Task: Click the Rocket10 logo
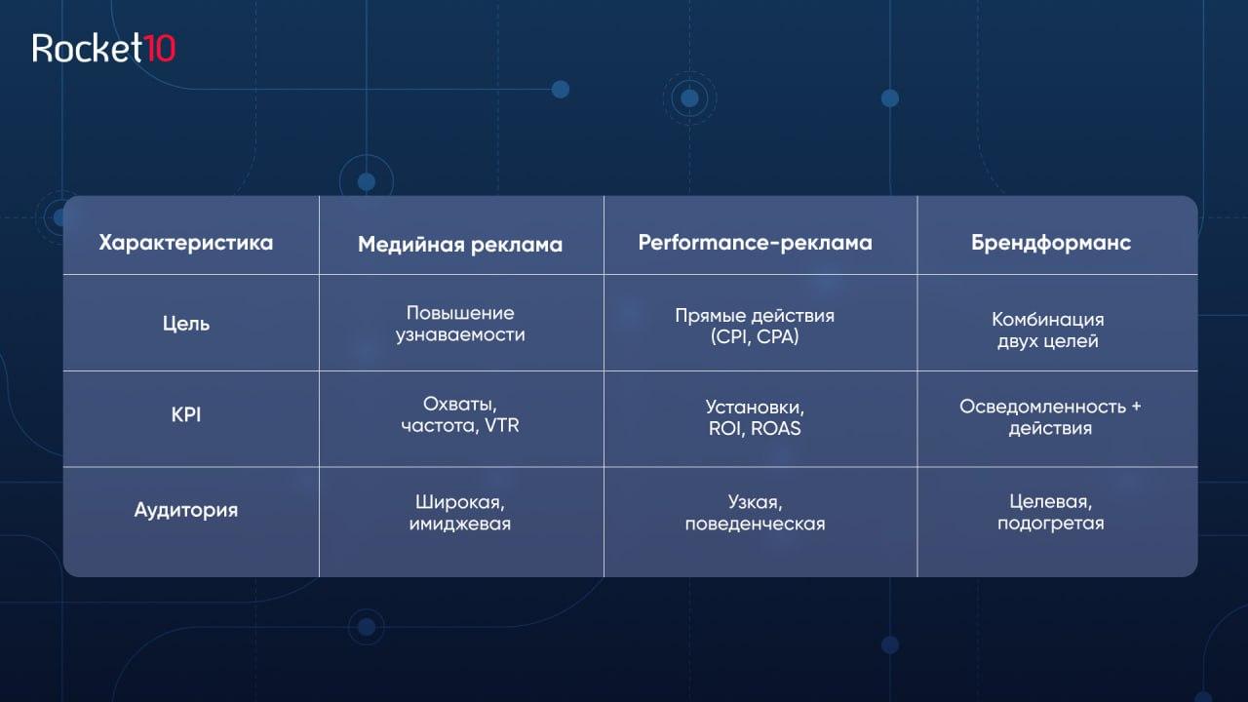[x=103, y=48]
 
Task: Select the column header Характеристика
[x=186, y=243]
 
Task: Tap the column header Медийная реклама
[x=460, y=245]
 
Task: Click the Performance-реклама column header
[x=755, y=243]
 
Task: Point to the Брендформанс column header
[x=1051, y=243]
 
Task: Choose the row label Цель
[x=186, y=324]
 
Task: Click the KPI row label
[x=186, y=415]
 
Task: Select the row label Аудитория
[x=186, y=510]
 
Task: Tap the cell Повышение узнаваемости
[x=460, y=324]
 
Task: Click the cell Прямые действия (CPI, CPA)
[x=755, y=326]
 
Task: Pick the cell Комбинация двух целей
[x=1048, y=330]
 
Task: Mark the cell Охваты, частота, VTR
[x=460, y=415]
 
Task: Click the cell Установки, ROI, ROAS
[x=755, y=418]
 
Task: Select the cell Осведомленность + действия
[x=1050, y=417]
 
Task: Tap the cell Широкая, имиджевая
[x=460, y=513]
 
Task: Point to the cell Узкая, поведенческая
[x=755, y=513]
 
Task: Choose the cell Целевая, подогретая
[x=1051, y=513]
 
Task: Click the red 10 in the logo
[x=161, y=49]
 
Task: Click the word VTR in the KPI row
[x=501, y=426]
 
